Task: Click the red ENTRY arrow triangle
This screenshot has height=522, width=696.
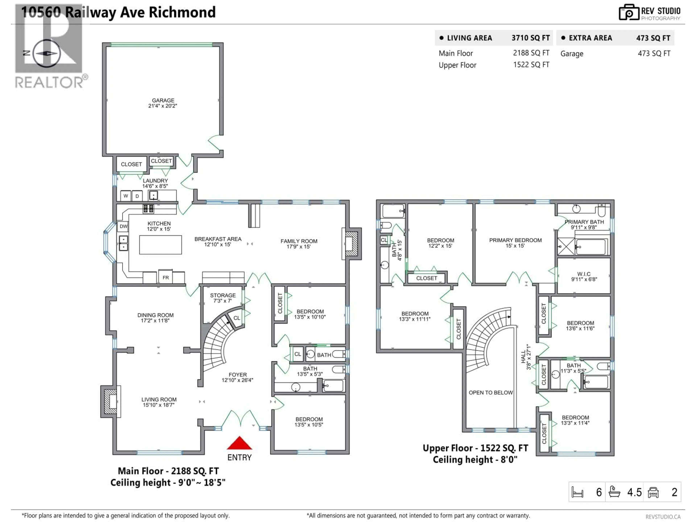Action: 239,444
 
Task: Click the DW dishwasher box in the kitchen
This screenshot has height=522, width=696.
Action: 123,226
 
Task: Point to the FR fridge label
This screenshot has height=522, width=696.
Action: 165,277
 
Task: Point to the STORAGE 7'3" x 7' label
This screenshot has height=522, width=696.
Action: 223,298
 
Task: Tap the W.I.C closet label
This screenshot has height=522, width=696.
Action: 584,276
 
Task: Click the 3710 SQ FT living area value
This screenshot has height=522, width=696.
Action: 531,38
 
